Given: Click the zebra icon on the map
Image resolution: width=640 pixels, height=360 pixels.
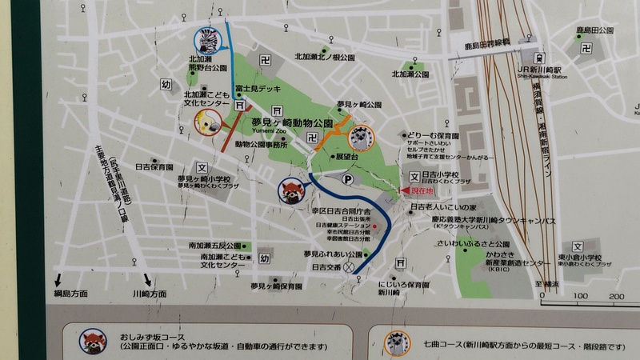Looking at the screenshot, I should click(x=209, y=39).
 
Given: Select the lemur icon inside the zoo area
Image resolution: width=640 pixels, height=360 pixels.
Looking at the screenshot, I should click(x=364, y=137).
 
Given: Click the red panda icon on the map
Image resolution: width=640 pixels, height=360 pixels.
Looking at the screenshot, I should click(x=290, y=191).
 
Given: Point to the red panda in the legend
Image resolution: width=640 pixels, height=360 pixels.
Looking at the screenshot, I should click(x=93, y=341).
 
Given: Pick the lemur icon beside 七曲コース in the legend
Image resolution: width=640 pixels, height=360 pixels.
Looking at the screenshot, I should click(x=397, y=342).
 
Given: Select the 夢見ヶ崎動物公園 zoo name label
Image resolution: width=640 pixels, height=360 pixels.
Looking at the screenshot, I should click(x=291, y=122).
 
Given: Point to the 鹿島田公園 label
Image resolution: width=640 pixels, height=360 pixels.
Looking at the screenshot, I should click(x=594, y=30).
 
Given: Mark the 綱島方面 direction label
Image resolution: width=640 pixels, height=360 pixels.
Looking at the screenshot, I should click(x=70, y=293).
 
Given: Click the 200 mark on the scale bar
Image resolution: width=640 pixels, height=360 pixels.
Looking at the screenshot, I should click(x=615, y=296).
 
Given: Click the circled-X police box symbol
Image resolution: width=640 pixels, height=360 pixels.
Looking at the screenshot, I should click(x=349, y=268).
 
